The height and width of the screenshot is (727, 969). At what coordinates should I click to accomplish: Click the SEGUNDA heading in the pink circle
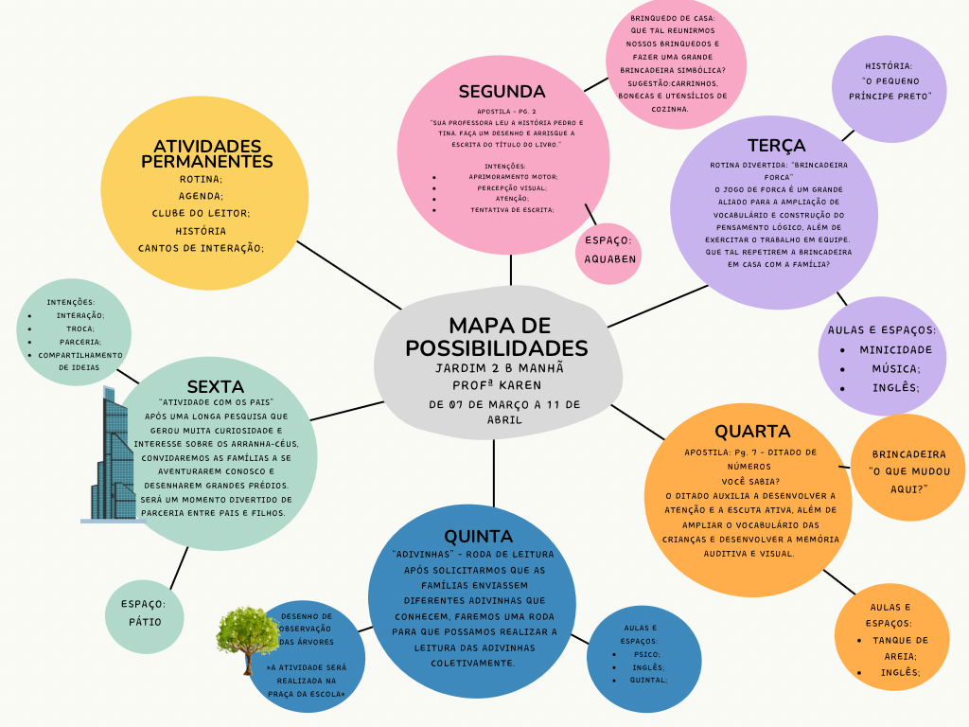(x=502, y=92)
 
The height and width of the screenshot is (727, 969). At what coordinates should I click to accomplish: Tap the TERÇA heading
(x=777, y=145)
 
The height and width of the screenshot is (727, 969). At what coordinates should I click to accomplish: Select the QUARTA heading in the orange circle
(x=752, y=431)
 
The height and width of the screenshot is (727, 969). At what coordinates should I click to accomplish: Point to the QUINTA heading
(x=478, y=536)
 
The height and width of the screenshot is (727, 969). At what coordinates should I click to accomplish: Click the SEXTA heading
(x=215, y=386)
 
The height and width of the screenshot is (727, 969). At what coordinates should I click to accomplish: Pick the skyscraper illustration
(x=109, y=455)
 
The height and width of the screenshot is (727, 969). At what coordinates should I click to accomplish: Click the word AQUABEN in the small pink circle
(x=610, y=259)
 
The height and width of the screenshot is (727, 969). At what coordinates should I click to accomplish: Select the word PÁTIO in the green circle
(x=145, y=622)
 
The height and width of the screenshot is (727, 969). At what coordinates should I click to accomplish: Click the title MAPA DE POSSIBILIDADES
(x=496, y=336)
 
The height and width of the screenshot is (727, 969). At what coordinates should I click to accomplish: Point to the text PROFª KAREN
(x=497, y=385)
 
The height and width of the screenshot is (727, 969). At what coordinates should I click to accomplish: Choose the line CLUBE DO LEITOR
(x=201, y=213)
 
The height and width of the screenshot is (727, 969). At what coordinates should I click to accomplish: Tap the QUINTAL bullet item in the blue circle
(x=648, y=680)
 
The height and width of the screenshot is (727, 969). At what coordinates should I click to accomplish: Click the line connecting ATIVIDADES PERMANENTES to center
(x=349, y=275)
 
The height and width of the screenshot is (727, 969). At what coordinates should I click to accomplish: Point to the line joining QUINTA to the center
(x=494, y=473)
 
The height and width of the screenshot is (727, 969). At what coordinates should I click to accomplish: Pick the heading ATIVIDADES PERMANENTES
(x=206, y=154)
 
